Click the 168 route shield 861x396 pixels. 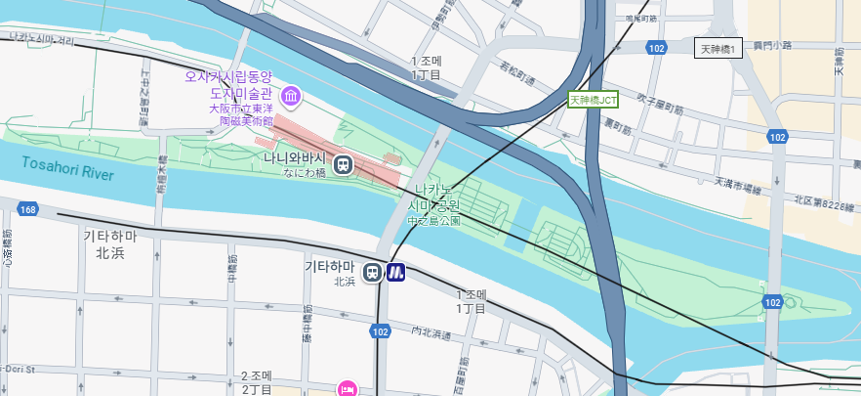click(x=26, y=209)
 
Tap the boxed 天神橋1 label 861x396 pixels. click(x=717, y=48)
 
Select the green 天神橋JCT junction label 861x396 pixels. click(x=594, y=99)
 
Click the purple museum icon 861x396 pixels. click(x=291, y=96)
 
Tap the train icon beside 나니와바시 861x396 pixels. click(x=344, y=164)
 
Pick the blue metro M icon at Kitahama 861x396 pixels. click(x=395, y=273)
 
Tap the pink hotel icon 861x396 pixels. click(x=346, y=390)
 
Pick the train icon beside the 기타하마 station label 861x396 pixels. click(x=372, y=273)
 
